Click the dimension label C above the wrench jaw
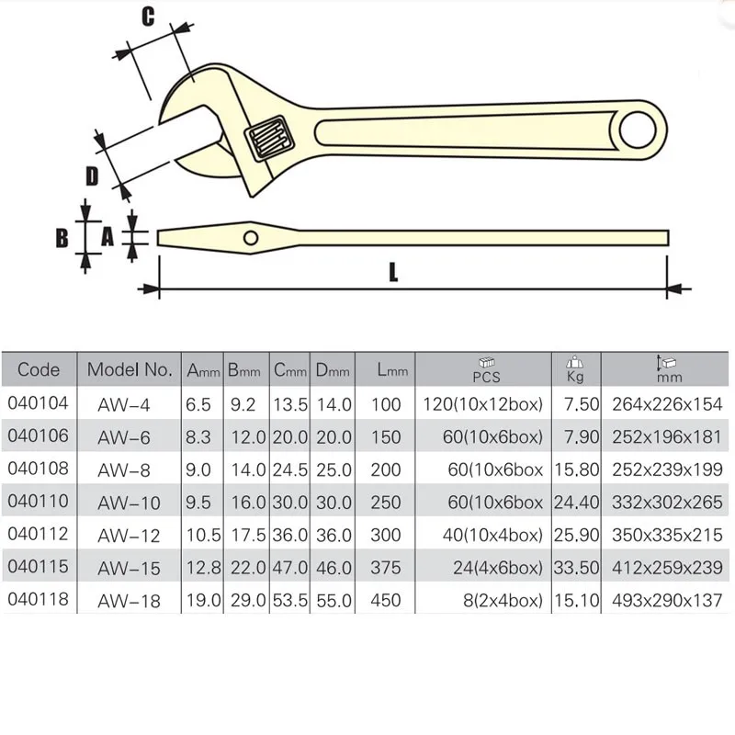point(147,16)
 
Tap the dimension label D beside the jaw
point(91,175)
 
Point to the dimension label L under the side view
point(393,272)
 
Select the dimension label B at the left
point(62,237)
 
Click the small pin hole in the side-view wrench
point(251,237)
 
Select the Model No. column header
point(130,370)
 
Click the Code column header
point(39,370)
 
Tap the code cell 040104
point(36,403)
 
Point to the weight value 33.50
point(576,569)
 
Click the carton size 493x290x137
point(667,602)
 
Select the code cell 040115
point(36,569)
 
